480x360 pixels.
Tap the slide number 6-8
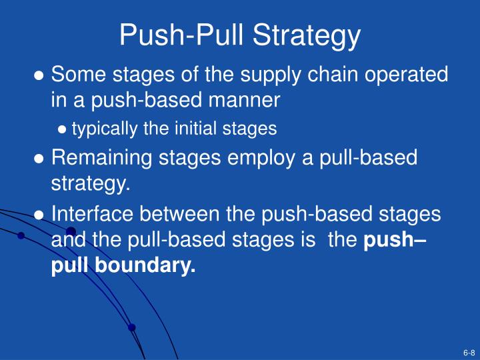click(x=468, y=352)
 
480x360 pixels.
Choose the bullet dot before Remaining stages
click(x=40, y=159)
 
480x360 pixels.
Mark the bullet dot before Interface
click(x=40, y=215)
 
